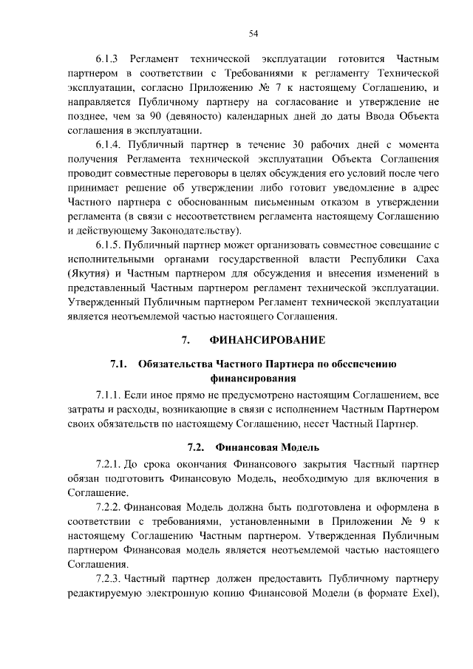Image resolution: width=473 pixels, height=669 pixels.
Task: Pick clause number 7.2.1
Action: click(x=109, y=464)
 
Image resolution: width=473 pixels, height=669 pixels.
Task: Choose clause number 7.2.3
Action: click(x=109, y=577)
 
